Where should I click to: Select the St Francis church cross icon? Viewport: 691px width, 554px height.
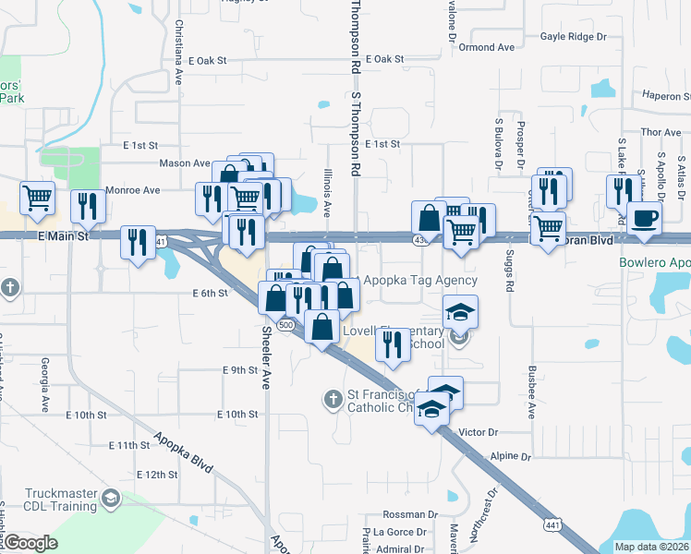(333, 400)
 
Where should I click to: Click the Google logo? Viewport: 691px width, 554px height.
(30, 543)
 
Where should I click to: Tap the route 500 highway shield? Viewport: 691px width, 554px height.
(286, 326)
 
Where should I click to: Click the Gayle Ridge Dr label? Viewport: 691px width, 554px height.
(574, 37)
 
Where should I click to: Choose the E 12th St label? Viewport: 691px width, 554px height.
(155, 475)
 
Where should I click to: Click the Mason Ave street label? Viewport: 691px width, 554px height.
(185, 163)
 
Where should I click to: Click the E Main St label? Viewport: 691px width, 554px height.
(63, 236)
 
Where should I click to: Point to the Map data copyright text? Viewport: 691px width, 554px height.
(652, 547)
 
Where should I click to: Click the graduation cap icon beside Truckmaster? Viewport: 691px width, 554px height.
(111, 500)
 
